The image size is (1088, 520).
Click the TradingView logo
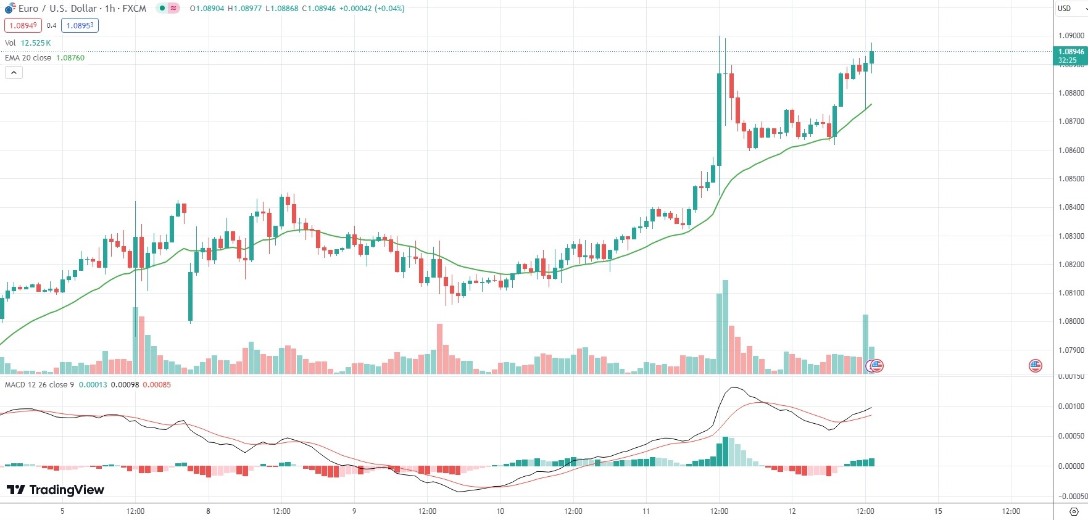(x=56, y=490)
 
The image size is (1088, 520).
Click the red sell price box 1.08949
(x=23, y=25)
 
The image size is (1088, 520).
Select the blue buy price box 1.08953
(x=80, y=25)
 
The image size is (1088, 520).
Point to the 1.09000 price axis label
(x=1071, y=36)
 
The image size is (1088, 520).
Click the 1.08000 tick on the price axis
(x=1071, y=321)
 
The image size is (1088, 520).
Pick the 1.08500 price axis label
(x=1071, y=179)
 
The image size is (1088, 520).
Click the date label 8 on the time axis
(x=209, y=511)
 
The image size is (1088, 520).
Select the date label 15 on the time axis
(x=938, y=511)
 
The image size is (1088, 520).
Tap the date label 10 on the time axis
(x=500, y=511)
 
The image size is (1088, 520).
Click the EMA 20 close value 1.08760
(x=70, y=58)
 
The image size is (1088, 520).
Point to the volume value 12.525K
(x=36, y=43)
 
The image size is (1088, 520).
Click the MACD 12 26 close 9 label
(x=39, y=385)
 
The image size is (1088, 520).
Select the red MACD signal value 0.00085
(x=157, y=385)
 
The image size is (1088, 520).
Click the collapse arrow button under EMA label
(x=14, y=73)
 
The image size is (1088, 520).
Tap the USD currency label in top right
(x=1064, y=9)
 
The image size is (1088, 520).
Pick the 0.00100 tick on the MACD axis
(x=1071, y=407)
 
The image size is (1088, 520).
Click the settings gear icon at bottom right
(x=1074, y=511)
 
